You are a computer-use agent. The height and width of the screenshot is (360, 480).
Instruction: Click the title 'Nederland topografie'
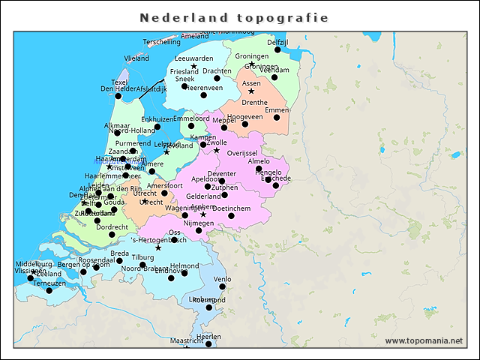click(234, 17)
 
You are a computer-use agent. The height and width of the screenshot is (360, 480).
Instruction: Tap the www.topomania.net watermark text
click(424, 341)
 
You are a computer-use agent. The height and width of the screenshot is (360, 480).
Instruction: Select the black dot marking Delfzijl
click(277, 49)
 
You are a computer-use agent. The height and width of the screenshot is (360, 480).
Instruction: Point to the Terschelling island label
click(161, 42)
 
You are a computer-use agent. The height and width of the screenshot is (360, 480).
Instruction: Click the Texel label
click(120, 81)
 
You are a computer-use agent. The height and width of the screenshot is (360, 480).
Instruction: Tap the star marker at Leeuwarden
click(193, 67)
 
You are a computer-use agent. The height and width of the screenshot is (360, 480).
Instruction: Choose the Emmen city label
click(277, 110)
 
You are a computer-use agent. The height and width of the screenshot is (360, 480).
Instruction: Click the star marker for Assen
click(251, 91)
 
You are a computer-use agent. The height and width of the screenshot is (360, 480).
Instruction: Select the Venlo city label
click(223, 279)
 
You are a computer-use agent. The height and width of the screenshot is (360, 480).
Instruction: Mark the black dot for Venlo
click(222, 286)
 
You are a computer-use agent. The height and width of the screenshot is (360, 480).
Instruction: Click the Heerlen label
click(208, 337)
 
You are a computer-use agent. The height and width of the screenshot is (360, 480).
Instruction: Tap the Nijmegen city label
click(199, 223)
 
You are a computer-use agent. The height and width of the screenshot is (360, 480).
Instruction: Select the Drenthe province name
click(255, 102)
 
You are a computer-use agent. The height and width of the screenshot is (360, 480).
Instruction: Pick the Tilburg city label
click(142, 257)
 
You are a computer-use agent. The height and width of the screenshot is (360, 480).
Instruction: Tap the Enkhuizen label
click(157, 119)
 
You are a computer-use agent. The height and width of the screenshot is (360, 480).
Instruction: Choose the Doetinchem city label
click(231, 208)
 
